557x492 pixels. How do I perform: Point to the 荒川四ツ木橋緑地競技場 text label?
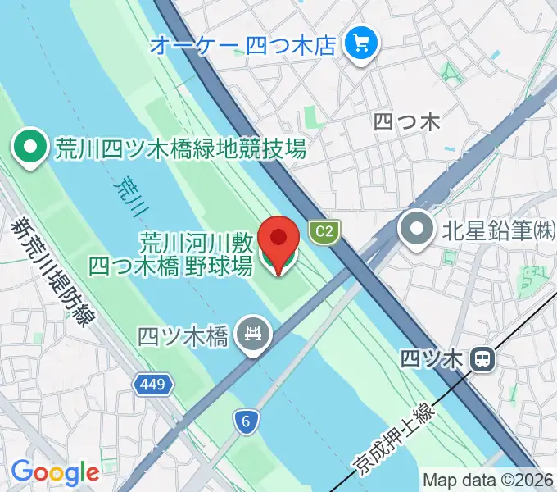click(180, 148)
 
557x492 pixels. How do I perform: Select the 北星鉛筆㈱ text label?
click(499, 230)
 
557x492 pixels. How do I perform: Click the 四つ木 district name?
click(406, 122)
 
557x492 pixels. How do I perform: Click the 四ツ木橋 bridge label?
click(183, 335)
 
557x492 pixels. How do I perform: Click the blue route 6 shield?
click(245, 421)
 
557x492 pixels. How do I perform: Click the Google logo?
click(55, 472)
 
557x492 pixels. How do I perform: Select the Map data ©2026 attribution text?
click(488, 480)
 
